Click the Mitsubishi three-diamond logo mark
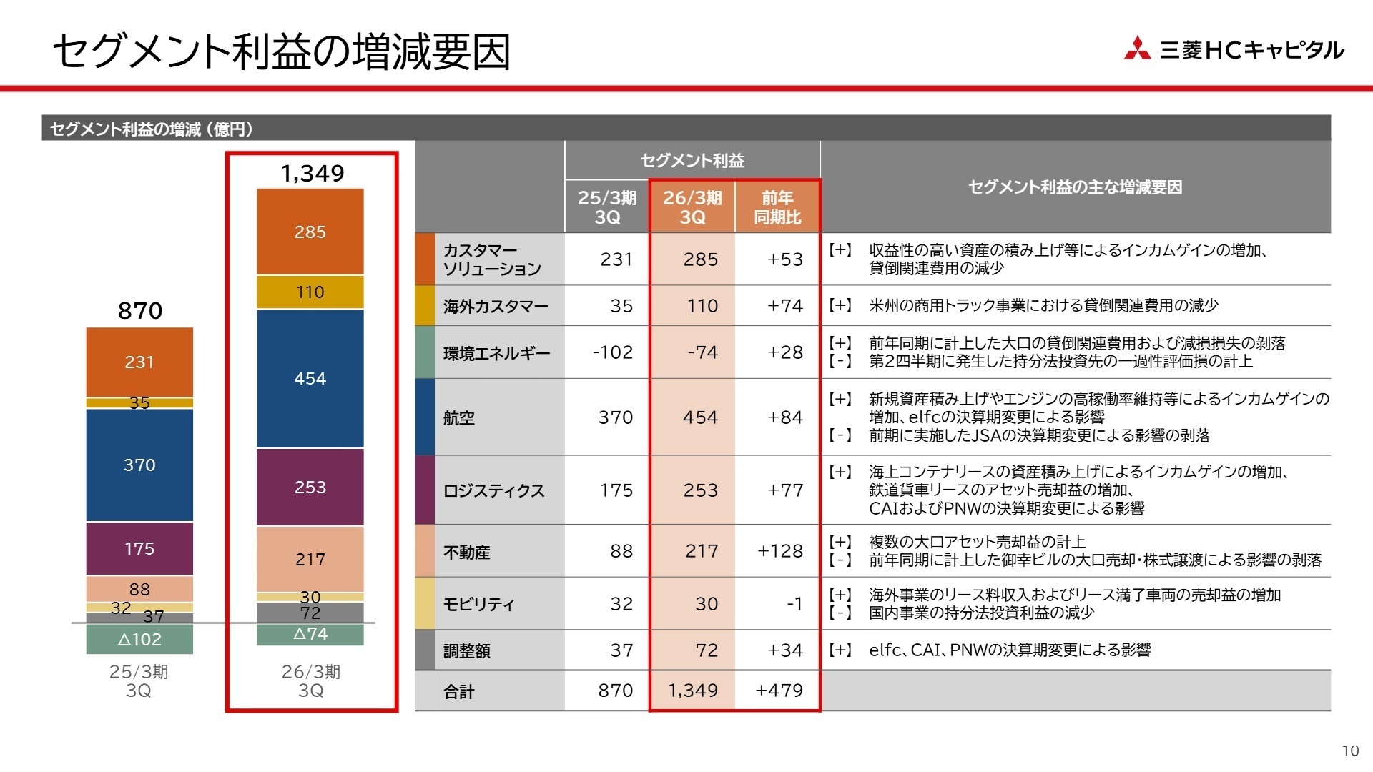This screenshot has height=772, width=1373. (1137, 48)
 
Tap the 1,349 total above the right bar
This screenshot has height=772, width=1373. (313, 173)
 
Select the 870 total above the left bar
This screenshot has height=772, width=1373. (140, 310)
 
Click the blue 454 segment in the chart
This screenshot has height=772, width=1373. (310, 378)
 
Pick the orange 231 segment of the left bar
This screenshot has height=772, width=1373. (139, 362)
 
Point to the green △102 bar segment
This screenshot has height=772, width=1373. (139, 639)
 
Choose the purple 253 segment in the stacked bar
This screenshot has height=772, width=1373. (310, 487)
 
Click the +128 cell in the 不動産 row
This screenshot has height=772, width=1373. (779, 551)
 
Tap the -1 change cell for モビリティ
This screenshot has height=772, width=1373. (794, 604)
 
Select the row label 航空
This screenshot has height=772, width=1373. (459, 417)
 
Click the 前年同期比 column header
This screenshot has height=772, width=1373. (777, 207)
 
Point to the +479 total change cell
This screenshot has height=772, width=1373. (779, 691)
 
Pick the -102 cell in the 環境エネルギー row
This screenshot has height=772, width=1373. (613, 352)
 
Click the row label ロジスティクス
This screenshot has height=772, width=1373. (493, 490)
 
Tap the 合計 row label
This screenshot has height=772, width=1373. (459, 691)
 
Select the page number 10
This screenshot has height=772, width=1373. (1349, 751)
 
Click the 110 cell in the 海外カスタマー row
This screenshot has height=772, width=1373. (702, 306)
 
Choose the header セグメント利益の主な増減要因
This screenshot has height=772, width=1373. (1075, 187)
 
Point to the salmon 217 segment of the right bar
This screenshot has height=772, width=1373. (310, 559)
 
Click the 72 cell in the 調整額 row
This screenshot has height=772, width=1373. (707, 650)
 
